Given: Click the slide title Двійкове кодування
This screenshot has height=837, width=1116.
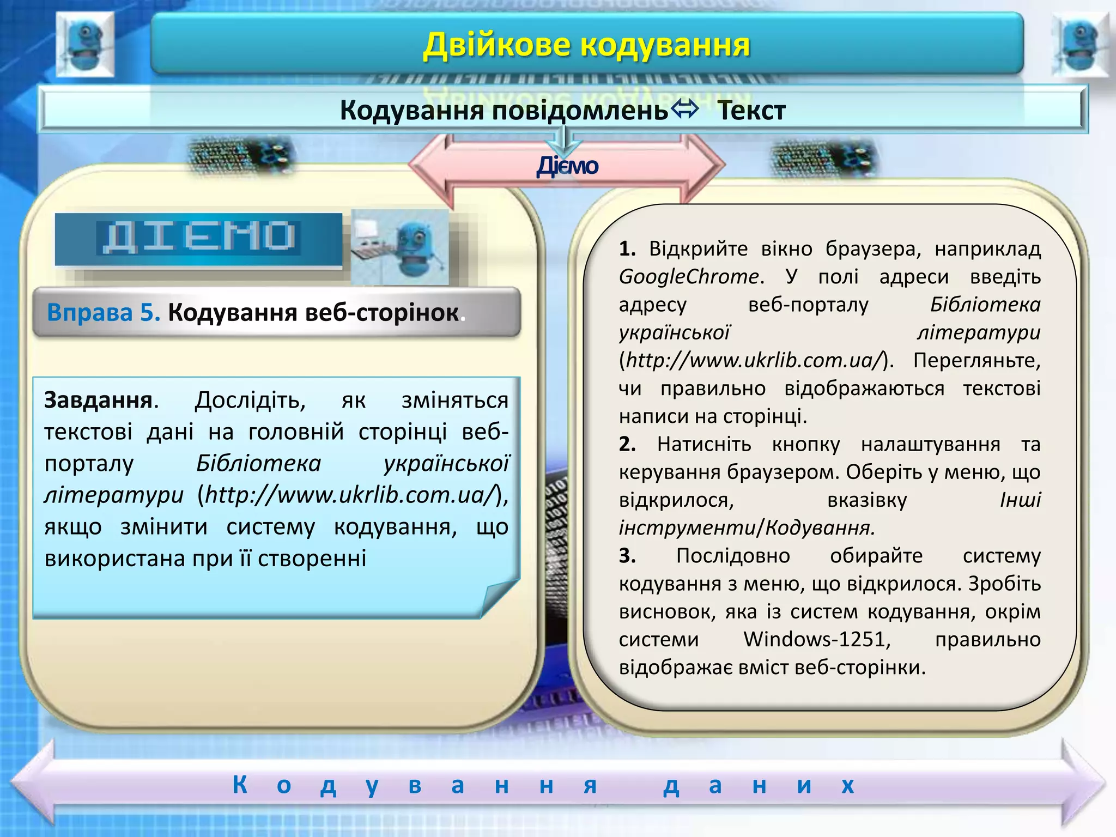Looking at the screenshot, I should click(x=586, y=45).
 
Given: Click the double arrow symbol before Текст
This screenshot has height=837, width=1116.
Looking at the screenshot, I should click(x=684, y=109).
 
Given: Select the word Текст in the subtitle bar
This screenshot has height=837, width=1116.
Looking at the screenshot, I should click(x=751, y=111).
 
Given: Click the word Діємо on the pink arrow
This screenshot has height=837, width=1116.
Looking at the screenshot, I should click(x=567, y=166).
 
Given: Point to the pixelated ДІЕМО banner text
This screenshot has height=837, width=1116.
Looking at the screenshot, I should click(x=199, y=238).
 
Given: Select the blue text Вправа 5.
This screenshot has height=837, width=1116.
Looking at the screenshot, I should click(x=104, y=313).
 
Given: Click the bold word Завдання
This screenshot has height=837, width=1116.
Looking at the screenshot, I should click(x=99, y=401).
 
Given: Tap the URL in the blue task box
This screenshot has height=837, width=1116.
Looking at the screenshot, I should click(x=351, y=495).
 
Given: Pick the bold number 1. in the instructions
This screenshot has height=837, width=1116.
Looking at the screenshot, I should click(x=627, y=249).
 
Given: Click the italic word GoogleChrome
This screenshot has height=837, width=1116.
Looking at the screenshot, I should click(x=689, y=277).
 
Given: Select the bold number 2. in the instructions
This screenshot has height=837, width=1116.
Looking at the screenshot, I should click(x=627, y=444).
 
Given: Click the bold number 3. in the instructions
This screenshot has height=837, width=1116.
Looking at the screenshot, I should click(x=627, y=556).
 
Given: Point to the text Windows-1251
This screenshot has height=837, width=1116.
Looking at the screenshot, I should click(x=817, y=639).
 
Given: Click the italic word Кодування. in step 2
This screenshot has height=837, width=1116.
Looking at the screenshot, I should click(x=820, y=528).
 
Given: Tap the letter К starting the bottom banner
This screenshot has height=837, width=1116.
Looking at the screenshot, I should click(x=240, y=785).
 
